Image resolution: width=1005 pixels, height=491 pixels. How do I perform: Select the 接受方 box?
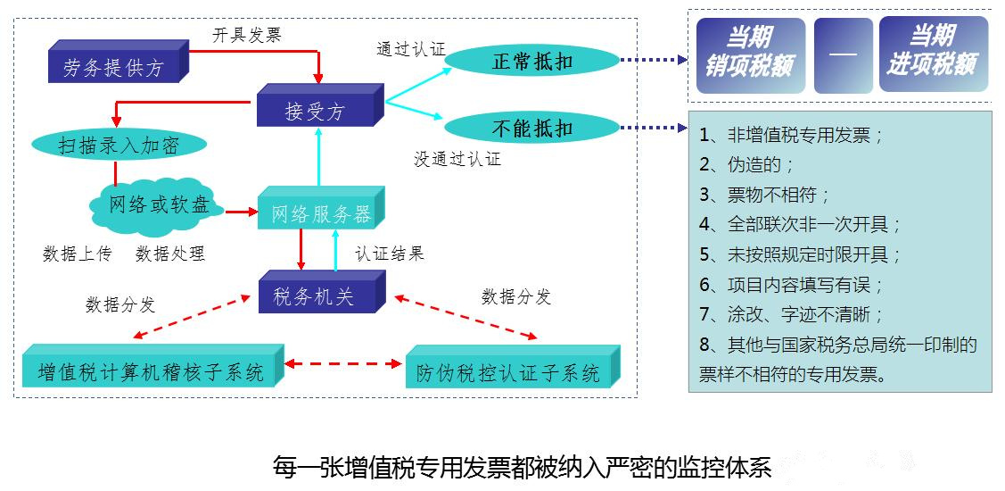pyautogui.click(x=315, y=112)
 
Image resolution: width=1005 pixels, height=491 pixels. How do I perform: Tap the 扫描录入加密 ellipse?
pyautogui.click(x=119, y=146)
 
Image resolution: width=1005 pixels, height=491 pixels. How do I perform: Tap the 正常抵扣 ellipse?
pyautogui.click(x=532, y=61)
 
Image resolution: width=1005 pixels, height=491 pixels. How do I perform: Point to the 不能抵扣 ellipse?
pyautogui.click(x=532, y=128)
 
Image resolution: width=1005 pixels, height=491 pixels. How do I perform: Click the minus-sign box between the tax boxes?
pyautogui.click(x=843, y=55)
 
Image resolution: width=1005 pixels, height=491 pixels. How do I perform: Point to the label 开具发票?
pyautogui.click(x=247, y=35)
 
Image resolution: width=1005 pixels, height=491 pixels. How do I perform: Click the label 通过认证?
pyautogui.click(x=410, y=48)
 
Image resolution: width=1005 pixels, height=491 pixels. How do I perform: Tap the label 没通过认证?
pyautogui.click(x=457, y=160)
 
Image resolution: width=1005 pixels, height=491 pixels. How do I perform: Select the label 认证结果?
pyautogui.click(x=390, y=254)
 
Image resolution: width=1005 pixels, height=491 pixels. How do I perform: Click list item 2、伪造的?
pyautogui.click(x=746, y=165)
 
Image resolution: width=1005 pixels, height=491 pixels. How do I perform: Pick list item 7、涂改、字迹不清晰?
pyautogui.click(x=791, y=314)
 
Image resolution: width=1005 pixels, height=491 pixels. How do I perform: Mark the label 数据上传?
pyautogui.click(x=78, y=254)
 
